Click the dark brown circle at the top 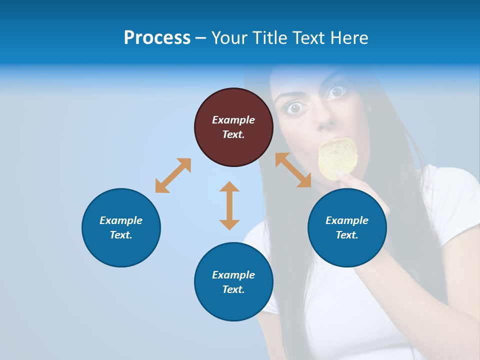click(x=233, y=127)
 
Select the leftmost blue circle click(x=121, y=227)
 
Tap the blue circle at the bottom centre click(x=233, y=282)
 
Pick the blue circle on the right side click(x=347, y=227)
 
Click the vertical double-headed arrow click(x=229, y=205)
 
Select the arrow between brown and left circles click(x=173, y=175)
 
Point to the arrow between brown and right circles click(x=293, y=170)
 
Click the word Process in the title click(x=157, y=38)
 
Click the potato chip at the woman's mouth click(x=338, y=158)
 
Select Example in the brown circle click(x=233, y=120)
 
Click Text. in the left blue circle click(x=121, y=235)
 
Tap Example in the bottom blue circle click(x=233, y=275)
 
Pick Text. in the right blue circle click(x=347, y=235)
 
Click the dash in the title click(x=201, y=38)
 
